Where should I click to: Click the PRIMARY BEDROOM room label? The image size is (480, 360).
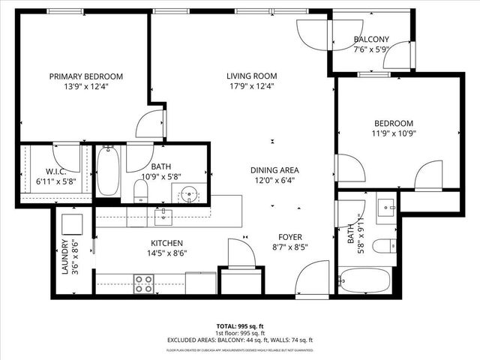point(86,76)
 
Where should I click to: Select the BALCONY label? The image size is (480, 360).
point(371,40)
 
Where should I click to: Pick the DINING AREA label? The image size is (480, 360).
point(274,170)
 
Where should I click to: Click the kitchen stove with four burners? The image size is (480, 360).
point(143,283)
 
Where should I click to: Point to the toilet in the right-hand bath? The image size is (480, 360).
point(385,245)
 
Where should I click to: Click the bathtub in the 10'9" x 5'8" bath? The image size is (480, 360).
point(108,170)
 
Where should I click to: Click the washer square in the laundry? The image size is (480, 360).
point(73,223)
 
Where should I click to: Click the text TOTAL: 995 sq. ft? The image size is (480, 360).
point(239,327)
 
